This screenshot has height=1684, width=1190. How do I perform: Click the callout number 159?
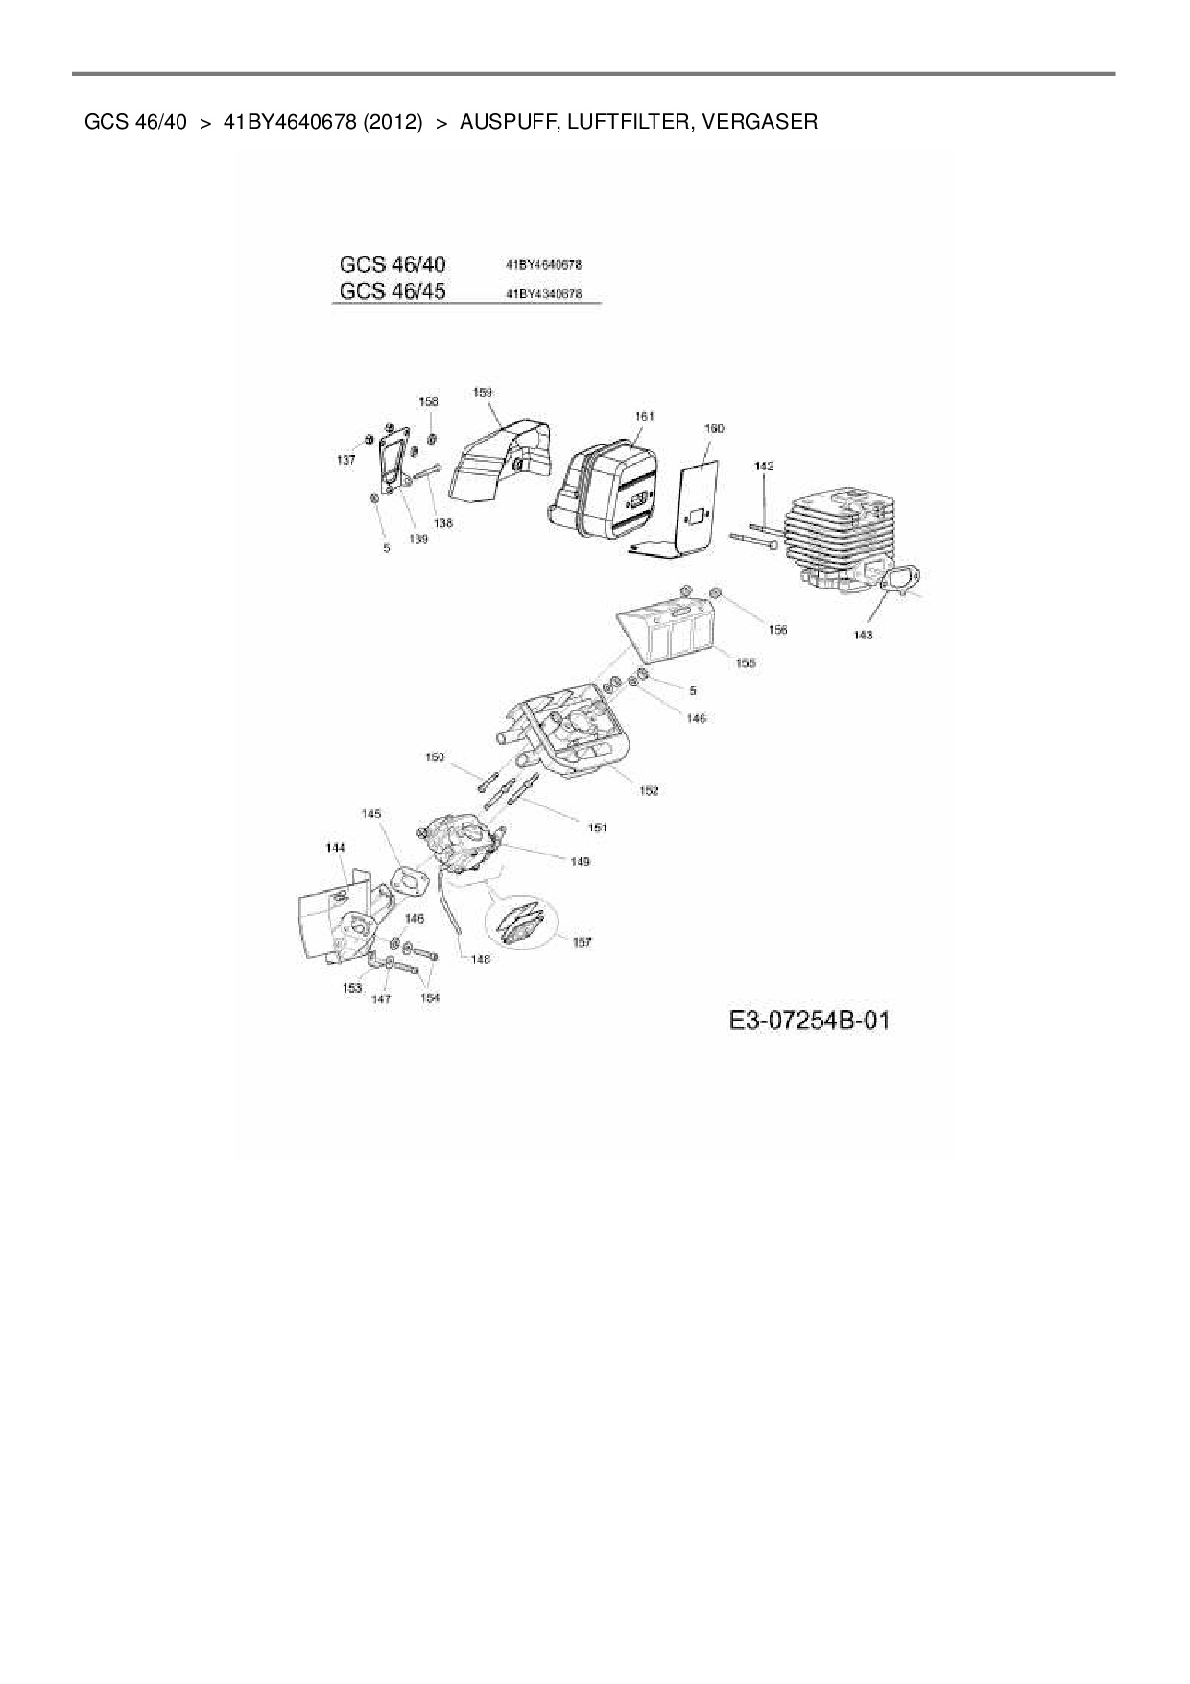(x=483, y=392)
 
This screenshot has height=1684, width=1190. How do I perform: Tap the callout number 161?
(x=644, y=416)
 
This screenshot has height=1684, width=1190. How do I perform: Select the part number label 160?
(x=714, y=428)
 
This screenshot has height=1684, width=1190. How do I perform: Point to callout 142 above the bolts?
(x=764, y=466)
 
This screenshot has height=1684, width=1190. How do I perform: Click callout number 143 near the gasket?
(x=863, y=635)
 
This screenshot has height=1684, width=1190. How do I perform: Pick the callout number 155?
(x=746, y=662)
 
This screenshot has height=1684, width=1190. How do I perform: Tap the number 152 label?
(x=649, y=790)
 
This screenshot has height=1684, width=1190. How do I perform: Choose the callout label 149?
(x=580, y=861)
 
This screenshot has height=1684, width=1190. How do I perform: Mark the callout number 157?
(x=582, y=942)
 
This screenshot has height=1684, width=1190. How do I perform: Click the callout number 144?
(x=335, y=848)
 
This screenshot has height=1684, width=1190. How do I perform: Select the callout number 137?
(x=345, y=460)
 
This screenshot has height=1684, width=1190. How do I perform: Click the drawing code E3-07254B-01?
(x=809, y=1020)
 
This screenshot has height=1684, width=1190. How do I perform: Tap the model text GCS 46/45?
(x=393, y=291)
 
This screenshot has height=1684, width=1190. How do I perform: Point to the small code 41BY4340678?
(x=543, y=294)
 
